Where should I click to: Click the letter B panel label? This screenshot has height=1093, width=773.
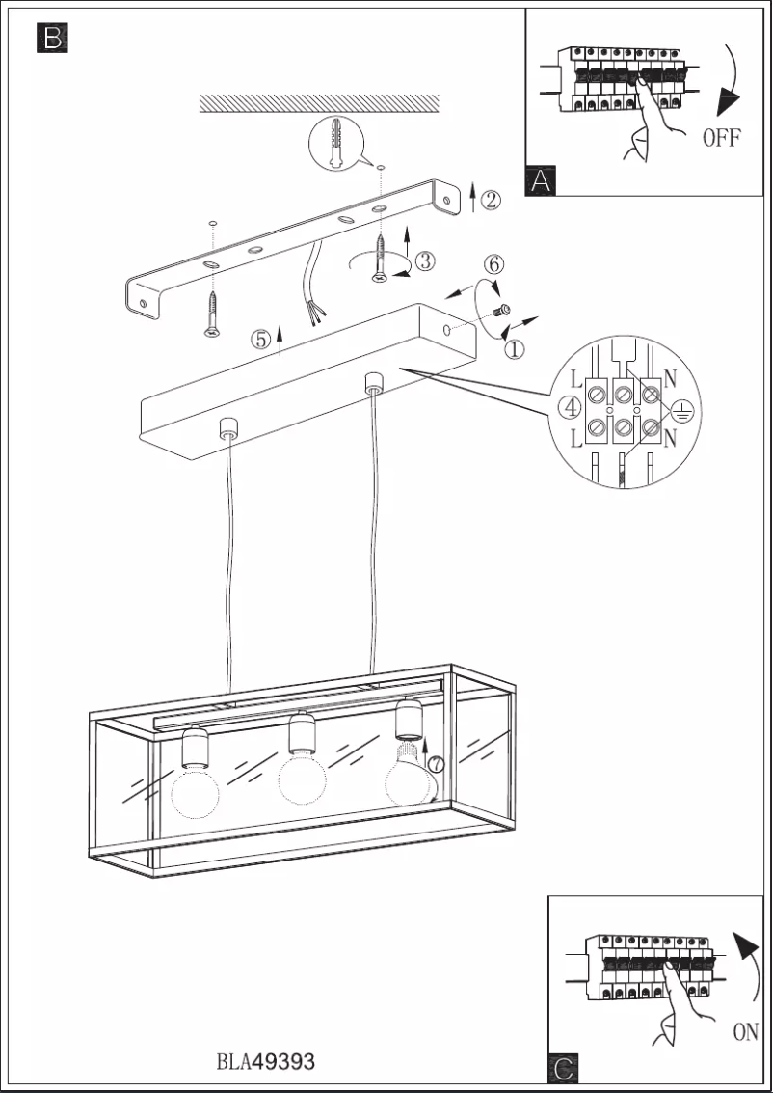coord(52,39)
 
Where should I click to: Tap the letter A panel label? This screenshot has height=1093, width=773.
coord(541,179)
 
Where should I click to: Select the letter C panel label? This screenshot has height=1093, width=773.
coord(564,1068)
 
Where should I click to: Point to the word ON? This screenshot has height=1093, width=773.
coord(745,1031)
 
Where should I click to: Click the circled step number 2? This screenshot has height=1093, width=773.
coord(491,201)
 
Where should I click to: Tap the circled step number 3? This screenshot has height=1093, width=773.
coord(425,260)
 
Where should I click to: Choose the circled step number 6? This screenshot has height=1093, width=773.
coord(493,265)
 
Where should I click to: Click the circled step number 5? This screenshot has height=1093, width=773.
coord(261,340)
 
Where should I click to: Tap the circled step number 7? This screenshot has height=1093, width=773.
coord(436,764)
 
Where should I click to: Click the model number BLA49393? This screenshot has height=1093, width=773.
coord(265,1061)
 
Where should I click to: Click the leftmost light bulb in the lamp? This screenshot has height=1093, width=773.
coord(195,791)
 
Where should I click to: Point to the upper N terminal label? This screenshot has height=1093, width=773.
coord(671,379)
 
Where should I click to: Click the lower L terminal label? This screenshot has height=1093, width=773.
coord(576,440)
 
